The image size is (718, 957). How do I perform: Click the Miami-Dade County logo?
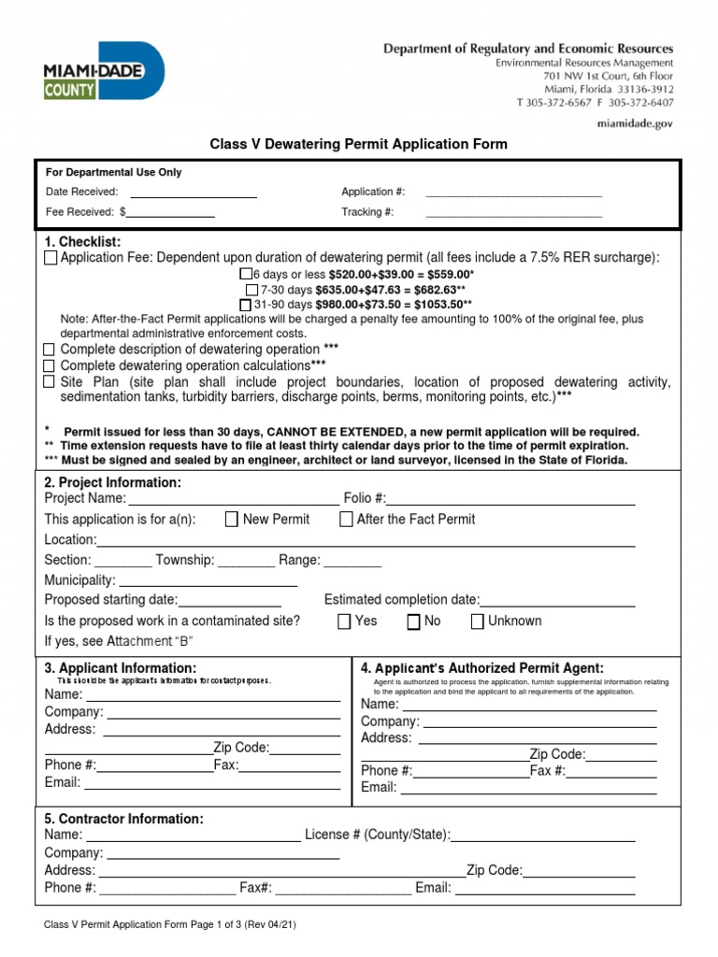tap(104, 74)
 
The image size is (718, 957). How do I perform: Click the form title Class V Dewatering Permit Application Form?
tap(358, 144)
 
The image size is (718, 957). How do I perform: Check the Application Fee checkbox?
tap(50, 258)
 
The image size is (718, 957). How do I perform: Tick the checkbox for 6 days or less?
tap(246, 274)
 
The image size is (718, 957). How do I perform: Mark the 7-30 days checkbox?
tap(252, 290)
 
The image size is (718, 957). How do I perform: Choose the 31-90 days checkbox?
tap(246, 305)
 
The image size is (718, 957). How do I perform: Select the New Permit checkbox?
tap(232, 520)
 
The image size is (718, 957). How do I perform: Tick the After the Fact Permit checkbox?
tap(346, 520)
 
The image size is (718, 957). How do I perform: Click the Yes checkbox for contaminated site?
tap(344, 621)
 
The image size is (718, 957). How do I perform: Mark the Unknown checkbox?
tap(477, 621)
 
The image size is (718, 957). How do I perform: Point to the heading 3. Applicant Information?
tap(121, 668)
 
